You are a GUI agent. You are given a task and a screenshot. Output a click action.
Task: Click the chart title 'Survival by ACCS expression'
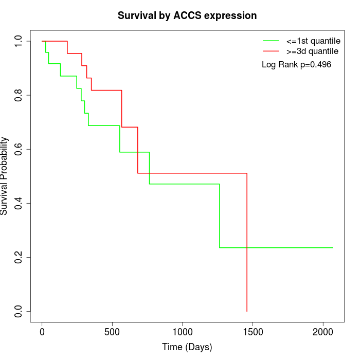[x=187, y=15]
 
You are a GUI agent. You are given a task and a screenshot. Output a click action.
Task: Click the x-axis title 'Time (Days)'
[x=187, y=347]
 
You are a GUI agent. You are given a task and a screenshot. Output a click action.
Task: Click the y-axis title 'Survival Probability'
[x=5, y=176]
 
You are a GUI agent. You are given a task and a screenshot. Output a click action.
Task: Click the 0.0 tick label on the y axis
[x=19, y=311]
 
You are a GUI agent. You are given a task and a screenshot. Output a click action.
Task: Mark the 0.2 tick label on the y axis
[x=19, y=257]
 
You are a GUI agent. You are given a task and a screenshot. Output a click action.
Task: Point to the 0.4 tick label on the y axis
[x=19, y=203]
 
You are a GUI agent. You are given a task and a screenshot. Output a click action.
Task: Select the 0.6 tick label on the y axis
[x=19, y=149]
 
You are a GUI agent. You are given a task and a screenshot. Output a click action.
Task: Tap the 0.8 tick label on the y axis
[x=19, y=95]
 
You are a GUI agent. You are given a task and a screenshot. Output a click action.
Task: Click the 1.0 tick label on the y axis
[x=19, y=41]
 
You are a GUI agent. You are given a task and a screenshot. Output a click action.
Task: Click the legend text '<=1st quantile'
[x=313, y=41]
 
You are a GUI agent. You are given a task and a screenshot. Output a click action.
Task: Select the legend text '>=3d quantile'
[x=312, y=51]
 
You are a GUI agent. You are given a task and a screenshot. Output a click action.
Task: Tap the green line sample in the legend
[x=271, y=41]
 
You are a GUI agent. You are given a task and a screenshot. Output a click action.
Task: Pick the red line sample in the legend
[x=271, y=51]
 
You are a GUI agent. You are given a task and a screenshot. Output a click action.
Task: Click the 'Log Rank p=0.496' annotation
[x=296, y=65]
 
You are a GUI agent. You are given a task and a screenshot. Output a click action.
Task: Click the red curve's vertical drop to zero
[x=247, y=242]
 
